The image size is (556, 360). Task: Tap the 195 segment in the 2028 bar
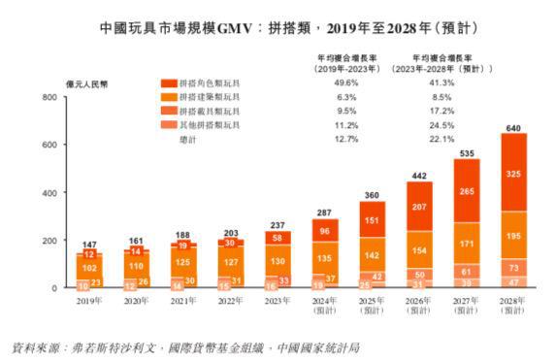click(513, 236)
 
